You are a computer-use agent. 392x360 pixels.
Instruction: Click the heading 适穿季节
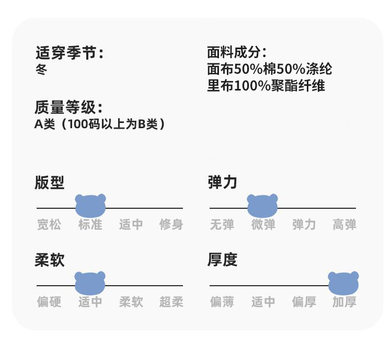(x=69, y=53)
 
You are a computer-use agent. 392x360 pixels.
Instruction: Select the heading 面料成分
(x=237, y=52)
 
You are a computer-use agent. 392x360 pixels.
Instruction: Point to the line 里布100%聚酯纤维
(x=266, y=86)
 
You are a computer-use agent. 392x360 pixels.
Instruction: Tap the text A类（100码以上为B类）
(x=100, y=125)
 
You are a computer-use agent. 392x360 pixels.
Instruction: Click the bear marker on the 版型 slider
(x=90, y=206)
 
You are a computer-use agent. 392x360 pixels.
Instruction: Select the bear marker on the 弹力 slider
(x=262, y=206)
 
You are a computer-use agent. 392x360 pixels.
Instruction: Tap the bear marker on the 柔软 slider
(x=90, y=283)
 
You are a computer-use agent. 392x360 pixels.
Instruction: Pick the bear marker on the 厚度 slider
(x=343, y=283)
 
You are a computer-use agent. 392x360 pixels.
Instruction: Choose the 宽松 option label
(x=49, y=225)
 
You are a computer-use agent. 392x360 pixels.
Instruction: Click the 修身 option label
(x=171, y=225)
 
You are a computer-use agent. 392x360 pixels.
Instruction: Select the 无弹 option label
(x=222, y=225)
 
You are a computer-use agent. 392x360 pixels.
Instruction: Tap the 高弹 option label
(x=344, y=225)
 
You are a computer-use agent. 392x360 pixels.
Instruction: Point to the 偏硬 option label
(x=49, y=302)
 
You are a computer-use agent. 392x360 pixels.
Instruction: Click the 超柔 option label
(x=171, y=302)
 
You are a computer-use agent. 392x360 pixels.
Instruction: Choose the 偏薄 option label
(x=222, y=302)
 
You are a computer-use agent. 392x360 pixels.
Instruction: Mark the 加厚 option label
(x=344, y=302)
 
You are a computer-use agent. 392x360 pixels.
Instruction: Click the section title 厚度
(x=222, y=260)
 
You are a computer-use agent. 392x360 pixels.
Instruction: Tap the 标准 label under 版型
(x=90, y=225)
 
